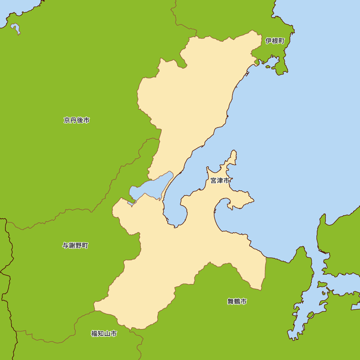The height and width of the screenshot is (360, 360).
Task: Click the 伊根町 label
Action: click(x=275, y=41)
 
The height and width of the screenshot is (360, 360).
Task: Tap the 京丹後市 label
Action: click(x=77, y=120)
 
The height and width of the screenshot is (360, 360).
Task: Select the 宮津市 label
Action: click(x=220, y=181)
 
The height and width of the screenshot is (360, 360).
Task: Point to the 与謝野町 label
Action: click(x=75, y=246)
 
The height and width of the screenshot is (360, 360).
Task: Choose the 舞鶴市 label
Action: click(x=237, y=302)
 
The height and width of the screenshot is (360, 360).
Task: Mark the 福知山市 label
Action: click(x=104, y=334)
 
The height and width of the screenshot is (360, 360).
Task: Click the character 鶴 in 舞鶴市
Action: click(x=237, y=302)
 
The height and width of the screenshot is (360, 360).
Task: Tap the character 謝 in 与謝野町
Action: click(x=72, y=246)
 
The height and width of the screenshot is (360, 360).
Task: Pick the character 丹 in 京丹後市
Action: click(x=73, y=120)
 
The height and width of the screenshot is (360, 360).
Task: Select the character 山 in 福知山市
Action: click(x=107, y=334)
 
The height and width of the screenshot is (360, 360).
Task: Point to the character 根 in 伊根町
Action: click(x=275, y=41)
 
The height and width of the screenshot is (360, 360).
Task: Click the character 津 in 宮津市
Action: click(x=220, y=181)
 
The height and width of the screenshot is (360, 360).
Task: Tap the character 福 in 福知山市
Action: click(x=94, y=334)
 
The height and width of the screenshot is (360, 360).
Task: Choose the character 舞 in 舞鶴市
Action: click(x=230, y=302)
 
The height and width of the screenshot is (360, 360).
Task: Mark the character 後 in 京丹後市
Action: click(x=80, y=120)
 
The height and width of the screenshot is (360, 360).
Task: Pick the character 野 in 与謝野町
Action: click(x=78, y=246)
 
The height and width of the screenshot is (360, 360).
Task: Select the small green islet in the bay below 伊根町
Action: click(x=267, y=66)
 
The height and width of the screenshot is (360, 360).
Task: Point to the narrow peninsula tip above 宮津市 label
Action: click(x=234, y=153)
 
